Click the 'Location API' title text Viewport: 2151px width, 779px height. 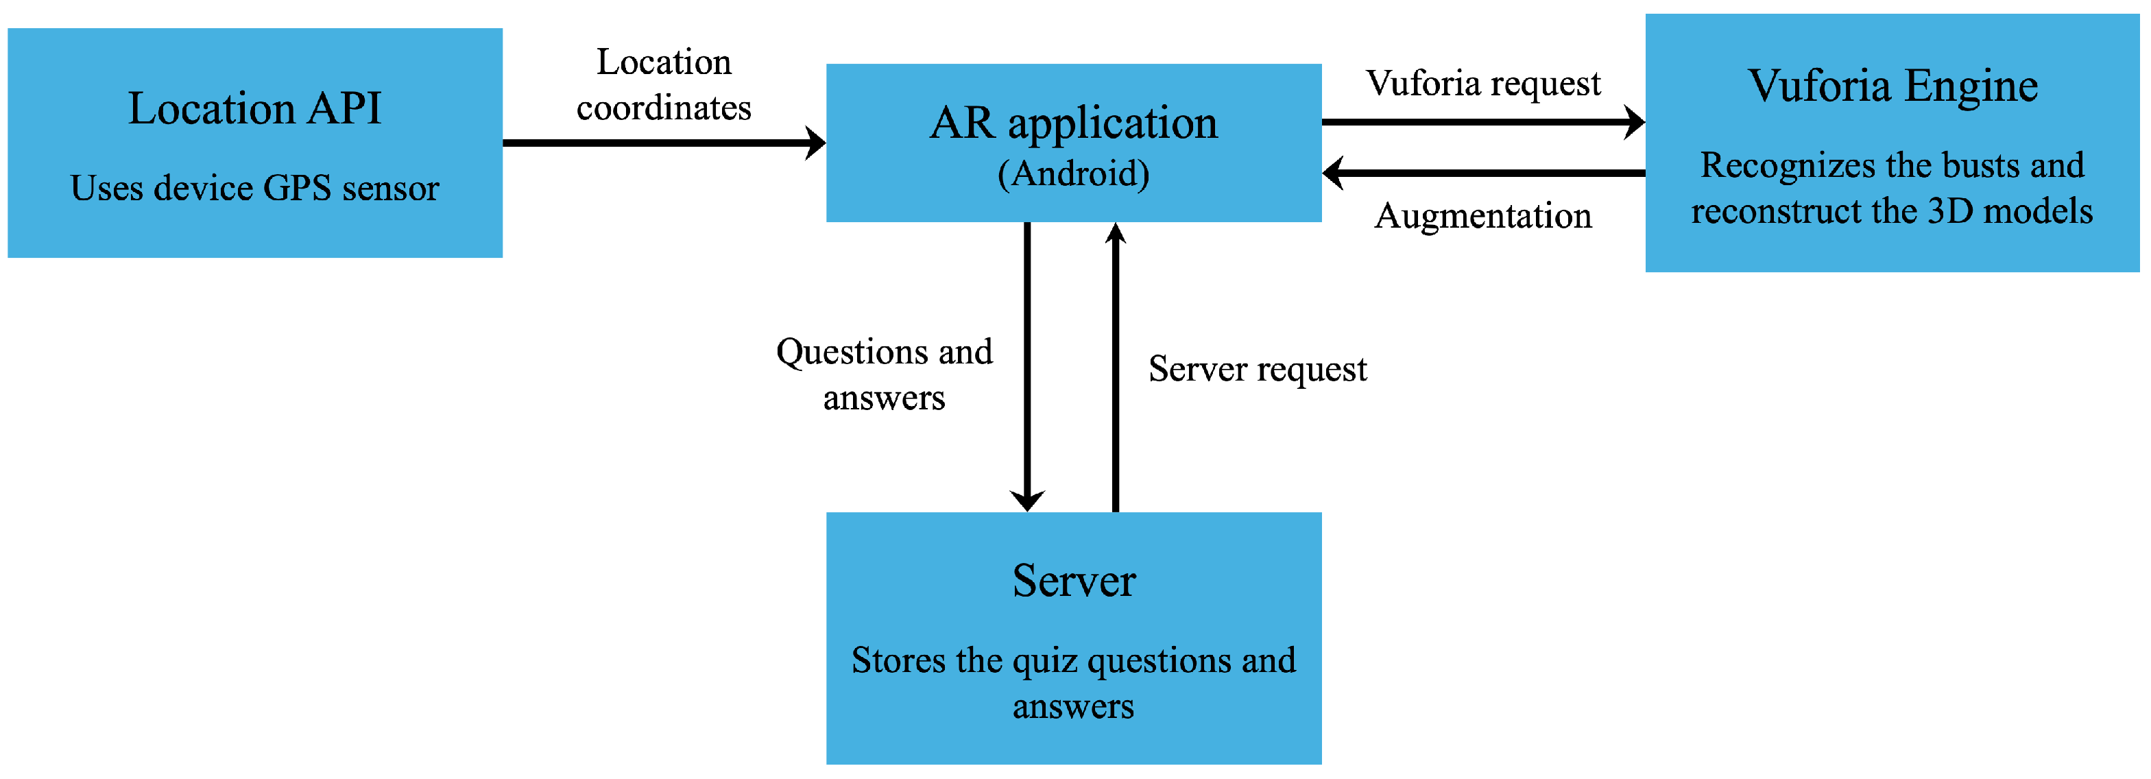[254, 108]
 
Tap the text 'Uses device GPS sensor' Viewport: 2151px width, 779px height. [254, 188]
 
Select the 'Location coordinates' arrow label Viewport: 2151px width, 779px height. [664, 84]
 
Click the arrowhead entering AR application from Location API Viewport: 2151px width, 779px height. [816, 143]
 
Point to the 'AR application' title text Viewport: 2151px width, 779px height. [1074, 123]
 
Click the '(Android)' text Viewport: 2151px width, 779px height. [1074, 173]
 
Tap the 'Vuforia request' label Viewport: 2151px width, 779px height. [1483, 84]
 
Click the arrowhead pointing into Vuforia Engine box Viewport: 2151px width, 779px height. [1634, 122]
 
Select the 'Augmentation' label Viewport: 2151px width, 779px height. [1483, 216]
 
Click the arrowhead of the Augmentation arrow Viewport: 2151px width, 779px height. [1334, 173]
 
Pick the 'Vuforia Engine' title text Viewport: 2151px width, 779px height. [1892, 86]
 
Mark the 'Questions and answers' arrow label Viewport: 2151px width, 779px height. [885, 374]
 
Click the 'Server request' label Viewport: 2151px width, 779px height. [1258, 369]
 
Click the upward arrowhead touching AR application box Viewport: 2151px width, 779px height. [1116, 234]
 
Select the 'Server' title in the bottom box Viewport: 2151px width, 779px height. [1074, 581]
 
